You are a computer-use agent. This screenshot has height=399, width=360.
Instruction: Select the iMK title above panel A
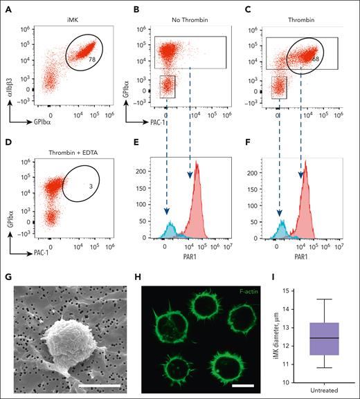pos(72,10)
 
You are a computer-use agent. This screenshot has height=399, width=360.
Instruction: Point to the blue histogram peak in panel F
pos(282,223)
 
